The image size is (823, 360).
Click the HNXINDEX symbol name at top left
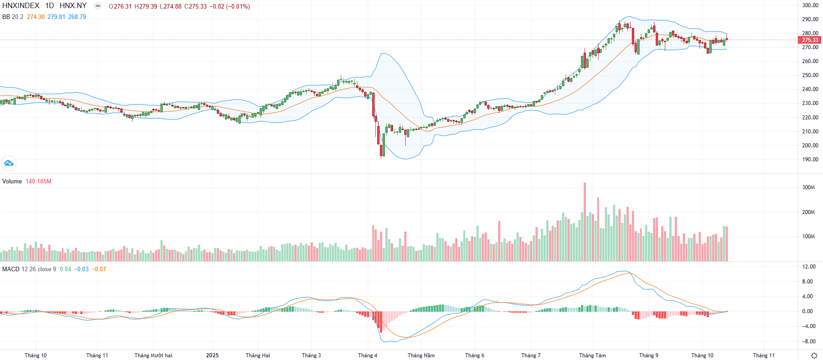point(21,6)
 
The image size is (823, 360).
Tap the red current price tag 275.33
point(810,40)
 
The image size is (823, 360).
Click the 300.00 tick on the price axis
point(810,5)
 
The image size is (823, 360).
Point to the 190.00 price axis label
point(810,159)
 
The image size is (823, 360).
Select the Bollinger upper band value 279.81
point(56,17)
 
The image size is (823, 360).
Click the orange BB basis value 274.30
point(36,17)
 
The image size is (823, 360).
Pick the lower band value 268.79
point(77,17)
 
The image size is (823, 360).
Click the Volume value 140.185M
point(38,181)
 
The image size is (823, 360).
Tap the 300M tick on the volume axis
point(809,187)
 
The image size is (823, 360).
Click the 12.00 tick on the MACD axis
point(809,267)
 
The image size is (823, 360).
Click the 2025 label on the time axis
point(212,355)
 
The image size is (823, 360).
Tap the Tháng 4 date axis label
point(368,355)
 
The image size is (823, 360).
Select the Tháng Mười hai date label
point(153,355)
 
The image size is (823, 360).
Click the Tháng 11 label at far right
point(764,355)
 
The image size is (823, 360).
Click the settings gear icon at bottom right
point(814,355)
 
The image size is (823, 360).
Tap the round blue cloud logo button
point(9,163)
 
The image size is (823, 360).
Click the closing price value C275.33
point(195,6)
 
